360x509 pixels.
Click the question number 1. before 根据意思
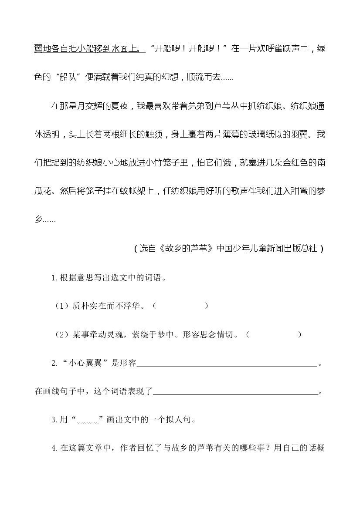coord(55,278)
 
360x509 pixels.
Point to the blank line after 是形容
coord(227,364)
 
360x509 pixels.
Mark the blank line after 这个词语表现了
coord(235,393)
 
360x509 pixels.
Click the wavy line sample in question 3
coord(89,421)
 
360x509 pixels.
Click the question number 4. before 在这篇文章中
coord(55,449)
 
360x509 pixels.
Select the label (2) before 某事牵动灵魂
coord(61,335)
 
